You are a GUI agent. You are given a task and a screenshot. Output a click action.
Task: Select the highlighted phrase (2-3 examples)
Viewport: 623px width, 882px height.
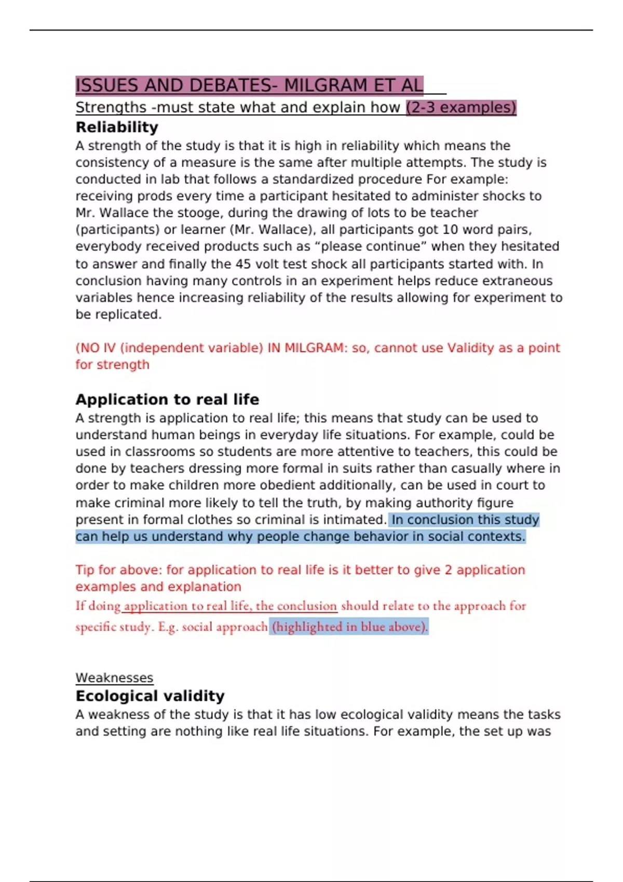click(x=461, y=107)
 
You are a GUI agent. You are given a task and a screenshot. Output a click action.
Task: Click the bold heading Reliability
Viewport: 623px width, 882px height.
click(x=117, y=127)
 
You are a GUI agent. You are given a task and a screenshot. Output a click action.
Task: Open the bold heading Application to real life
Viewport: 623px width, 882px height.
click(x=167, y=399)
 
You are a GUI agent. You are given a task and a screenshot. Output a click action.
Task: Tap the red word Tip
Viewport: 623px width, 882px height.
click(x=85, y=570)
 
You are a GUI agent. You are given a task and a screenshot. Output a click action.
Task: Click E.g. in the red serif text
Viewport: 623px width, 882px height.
click(x=168, y=627)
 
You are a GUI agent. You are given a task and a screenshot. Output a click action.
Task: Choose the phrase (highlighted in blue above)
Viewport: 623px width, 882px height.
click(x=349, y=627)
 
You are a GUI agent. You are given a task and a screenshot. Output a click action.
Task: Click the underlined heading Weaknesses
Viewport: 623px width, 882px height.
click(x=114, y=678)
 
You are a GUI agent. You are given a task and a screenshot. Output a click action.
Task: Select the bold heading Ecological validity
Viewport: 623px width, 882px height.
click(x=150, y=696)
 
